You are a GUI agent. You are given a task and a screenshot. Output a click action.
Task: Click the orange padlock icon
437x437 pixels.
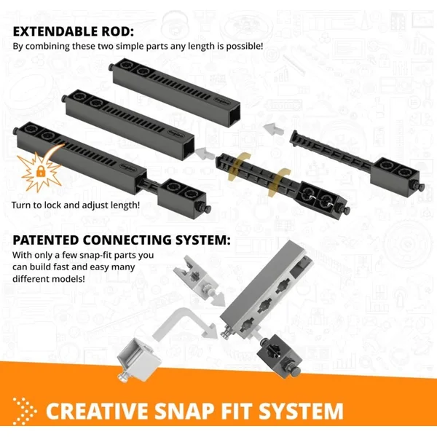pyautogui.click(x=41, y=171)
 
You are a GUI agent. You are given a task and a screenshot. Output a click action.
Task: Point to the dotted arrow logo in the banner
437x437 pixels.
pyautogui.click(x=25, y=412)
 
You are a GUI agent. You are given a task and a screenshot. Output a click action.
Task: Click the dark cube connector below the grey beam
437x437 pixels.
pyautogui.click(x=280, y=354)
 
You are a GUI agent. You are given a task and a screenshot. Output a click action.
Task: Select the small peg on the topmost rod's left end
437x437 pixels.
pyautogui.click(x=111, y=67)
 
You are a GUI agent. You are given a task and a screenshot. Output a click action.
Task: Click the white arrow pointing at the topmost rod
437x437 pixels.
pyautogui.click(x=273, y=129)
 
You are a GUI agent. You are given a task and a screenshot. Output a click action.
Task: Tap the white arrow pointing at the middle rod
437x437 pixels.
pyautogui.click(x=205, y=154)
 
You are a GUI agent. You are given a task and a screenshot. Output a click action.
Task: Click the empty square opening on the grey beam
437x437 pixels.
pyautogui.click(x=298, y=269)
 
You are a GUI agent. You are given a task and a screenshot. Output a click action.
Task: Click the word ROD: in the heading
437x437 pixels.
pyautogui.click(x=117, y=31)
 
